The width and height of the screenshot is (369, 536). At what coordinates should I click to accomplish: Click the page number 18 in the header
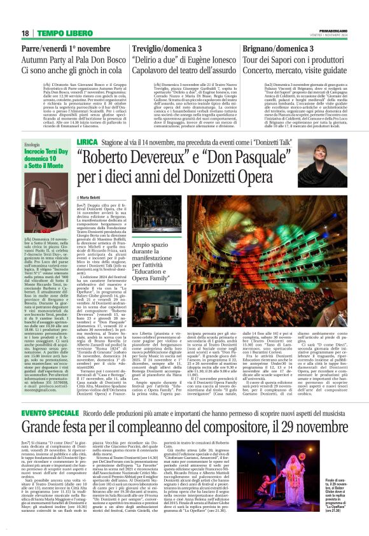click(x=25, y=32)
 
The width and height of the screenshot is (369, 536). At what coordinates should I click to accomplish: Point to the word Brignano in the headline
click(x=261, y=48)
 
